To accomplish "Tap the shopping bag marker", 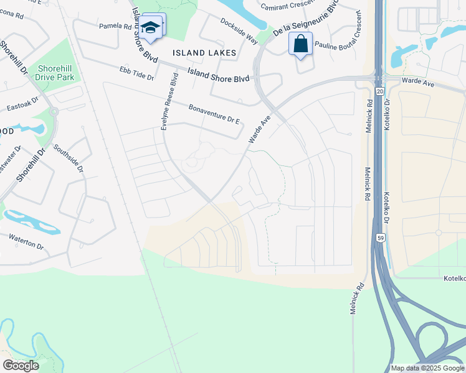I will tap(300, 44).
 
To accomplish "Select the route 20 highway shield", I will tap(379, 91).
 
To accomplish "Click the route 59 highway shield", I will tap(379, 237).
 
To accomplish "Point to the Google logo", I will tap(21, 366).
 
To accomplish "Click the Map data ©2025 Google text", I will tap(427, 368).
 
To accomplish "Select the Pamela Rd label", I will tap(116, 27).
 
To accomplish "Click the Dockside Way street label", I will tap(239, 30).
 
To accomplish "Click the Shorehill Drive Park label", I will tap(55, 73).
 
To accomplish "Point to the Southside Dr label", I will tap(67, 157).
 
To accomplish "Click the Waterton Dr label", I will tap(26, 242).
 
